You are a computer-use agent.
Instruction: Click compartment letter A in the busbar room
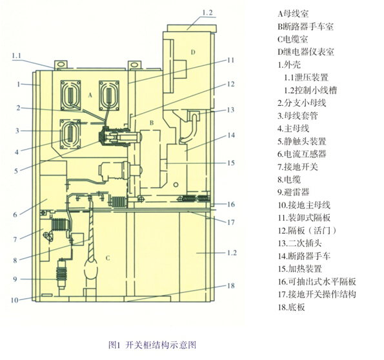pos(90,95)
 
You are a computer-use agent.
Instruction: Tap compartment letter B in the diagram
pos(152,123)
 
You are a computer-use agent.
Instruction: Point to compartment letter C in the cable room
pos(108,258)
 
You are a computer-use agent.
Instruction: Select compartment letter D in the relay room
pos(193,52)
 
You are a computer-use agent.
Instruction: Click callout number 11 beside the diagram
pos(231,60)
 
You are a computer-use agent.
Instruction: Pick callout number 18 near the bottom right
pos(231,286)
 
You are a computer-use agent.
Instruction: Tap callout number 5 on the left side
pos(16,171)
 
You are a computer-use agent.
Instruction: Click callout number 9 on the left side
pos(15,279)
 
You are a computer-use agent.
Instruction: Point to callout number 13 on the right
pos(230,110)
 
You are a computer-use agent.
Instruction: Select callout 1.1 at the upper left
pos(16,56)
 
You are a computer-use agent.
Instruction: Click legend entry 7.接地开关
pos(298,167)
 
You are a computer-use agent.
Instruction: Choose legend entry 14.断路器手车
pos(304,256)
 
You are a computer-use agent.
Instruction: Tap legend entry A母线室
pos(293,14)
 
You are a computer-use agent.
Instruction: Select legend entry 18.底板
pos(292,307)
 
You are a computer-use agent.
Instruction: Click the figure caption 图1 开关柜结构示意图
pos(152,345)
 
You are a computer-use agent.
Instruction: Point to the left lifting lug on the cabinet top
pos(61,65)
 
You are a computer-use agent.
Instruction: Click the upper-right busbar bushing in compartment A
pos(109,95)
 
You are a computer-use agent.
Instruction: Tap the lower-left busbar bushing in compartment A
pos(70,134)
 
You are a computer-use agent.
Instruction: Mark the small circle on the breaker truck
pos(176,185)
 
